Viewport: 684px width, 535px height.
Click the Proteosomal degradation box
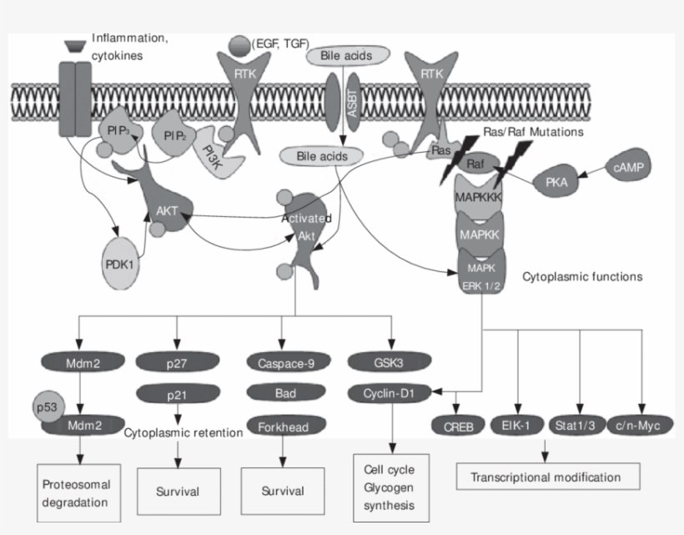point(78,492)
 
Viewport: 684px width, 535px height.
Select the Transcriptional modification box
point(546,477)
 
